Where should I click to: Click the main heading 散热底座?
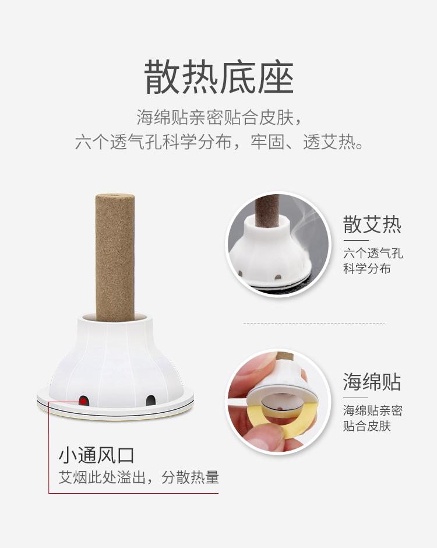218,78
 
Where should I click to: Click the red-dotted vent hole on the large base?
84,401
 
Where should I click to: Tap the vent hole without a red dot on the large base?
150,401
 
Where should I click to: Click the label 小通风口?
97,455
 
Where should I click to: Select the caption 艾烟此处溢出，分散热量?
139,477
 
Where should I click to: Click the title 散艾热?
372,224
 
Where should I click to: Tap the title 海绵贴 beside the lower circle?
372,382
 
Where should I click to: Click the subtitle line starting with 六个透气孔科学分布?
219,142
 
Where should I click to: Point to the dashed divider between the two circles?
313,324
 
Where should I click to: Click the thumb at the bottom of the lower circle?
266,437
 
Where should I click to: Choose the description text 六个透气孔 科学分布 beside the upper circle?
373,261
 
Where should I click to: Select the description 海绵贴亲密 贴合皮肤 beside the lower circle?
372,418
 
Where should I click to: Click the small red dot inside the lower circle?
279,408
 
